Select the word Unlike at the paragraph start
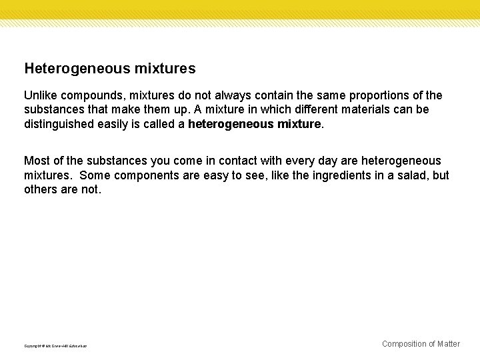(x=40, y=96)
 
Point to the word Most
(x=36, y=161)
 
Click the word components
(x=145, y=175)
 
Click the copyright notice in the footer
(x=55, y=346)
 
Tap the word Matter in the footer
(x=448, y=344)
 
